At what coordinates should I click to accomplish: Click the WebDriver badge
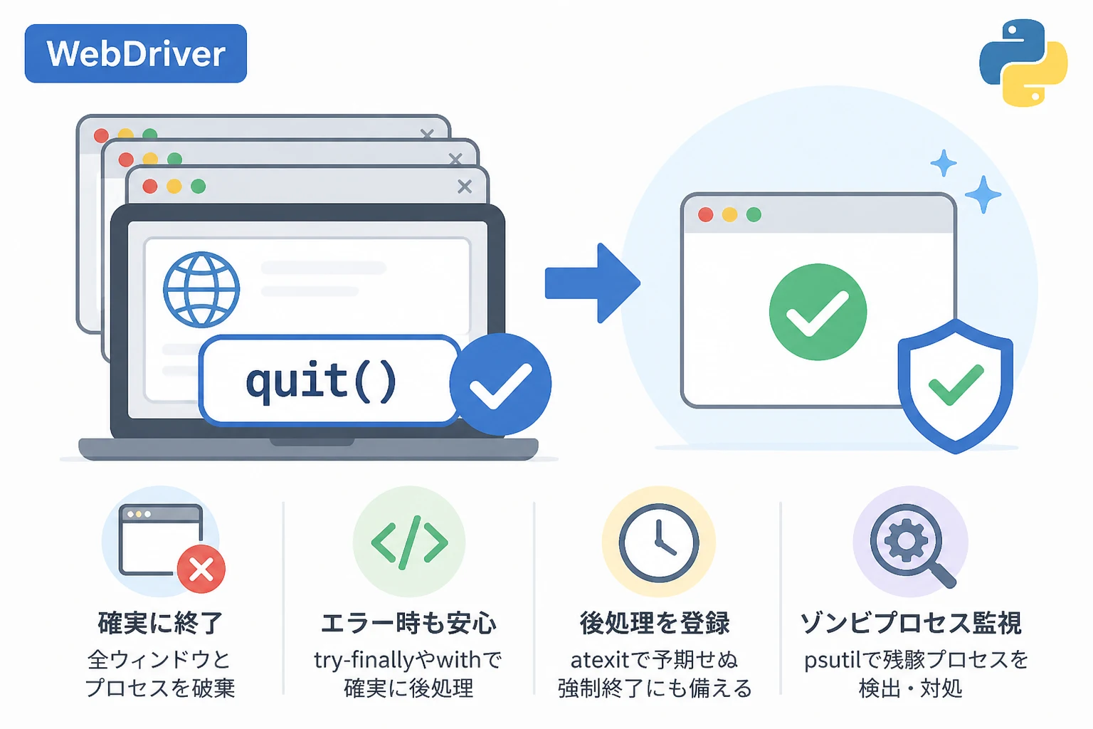click(136, 53)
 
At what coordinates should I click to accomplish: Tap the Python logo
click(1023, 63)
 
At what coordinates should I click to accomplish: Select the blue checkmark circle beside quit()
click(500, 384)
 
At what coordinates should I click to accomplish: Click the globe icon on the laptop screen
click(201, 289)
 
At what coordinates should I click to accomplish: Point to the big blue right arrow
click(592, 283)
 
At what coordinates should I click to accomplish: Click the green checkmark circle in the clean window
click(818, 312)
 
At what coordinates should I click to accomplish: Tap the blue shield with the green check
click(956, 386)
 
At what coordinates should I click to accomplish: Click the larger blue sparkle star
click(983, 194)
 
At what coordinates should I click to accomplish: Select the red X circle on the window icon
click(201, 569)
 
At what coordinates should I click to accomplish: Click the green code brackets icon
click(409, 542)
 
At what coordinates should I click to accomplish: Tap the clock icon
click(659, 543)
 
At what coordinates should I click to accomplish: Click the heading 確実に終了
click(160, 623)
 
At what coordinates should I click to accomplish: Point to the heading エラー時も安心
click(408, 623)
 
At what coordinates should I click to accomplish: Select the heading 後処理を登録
click(655, 623)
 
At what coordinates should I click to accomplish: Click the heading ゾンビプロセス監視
click(911, 623)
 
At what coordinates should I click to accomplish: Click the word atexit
click(600, 661)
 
